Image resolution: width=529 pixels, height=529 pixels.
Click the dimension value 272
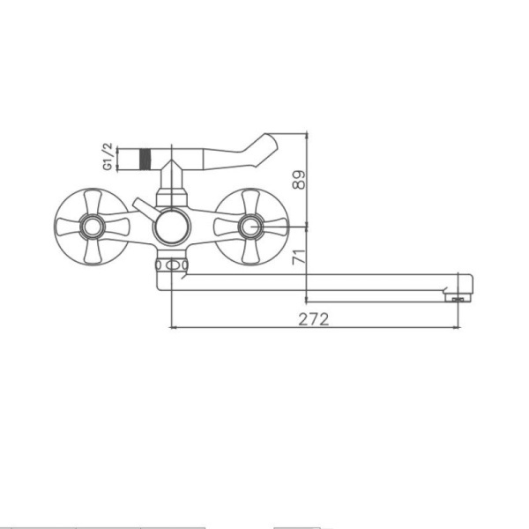coord(314,319)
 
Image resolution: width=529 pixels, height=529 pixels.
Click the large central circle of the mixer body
coord(171,228)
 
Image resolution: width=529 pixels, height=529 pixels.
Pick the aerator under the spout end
coord(456,299)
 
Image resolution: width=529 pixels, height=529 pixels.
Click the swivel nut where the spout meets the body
coord(173,264)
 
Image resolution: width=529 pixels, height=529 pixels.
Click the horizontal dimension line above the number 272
coord(314,328)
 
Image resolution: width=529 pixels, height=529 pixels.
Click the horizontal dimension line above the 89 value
coord(287,134)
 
